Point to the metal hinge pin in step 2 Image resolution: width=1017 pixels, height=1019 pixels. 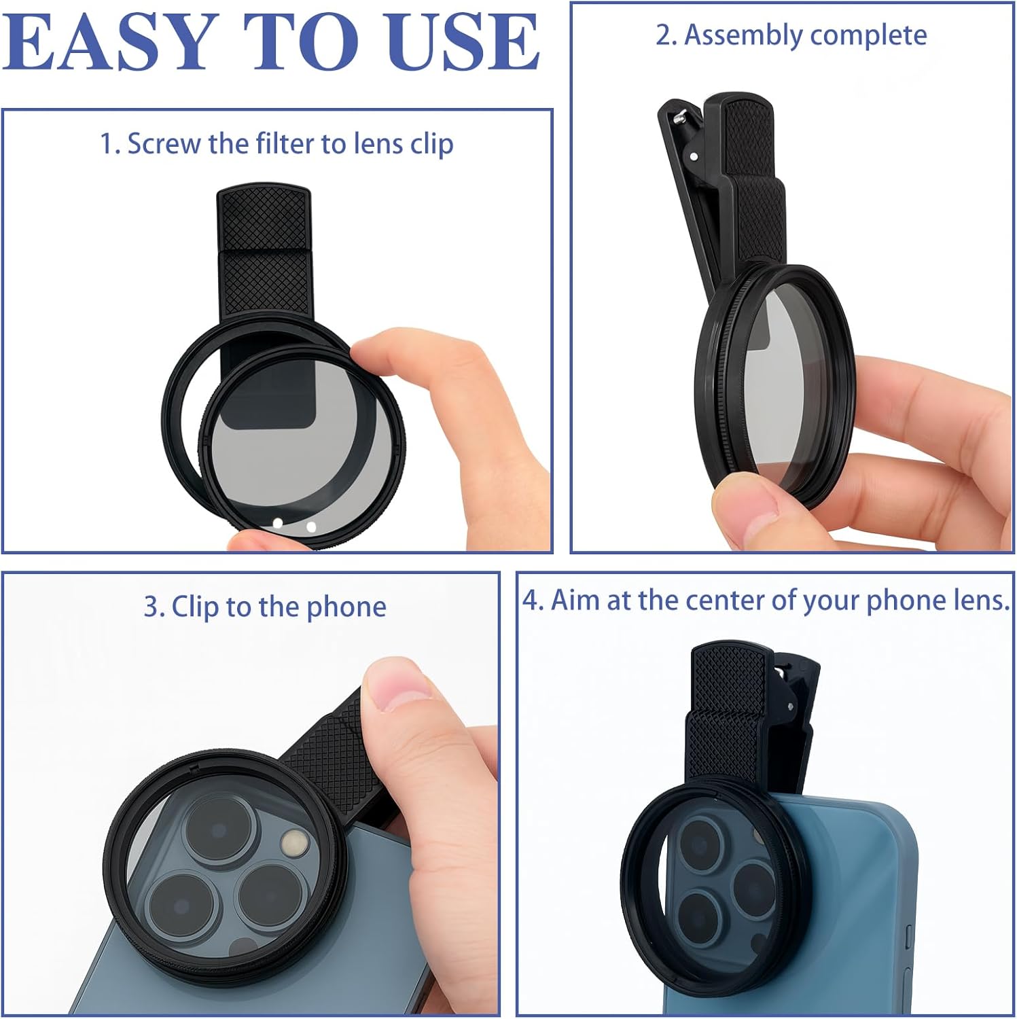[x=679, y=117]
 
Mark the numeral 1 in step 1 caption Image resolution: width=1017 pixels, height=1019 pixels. [x=107, y=144]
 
